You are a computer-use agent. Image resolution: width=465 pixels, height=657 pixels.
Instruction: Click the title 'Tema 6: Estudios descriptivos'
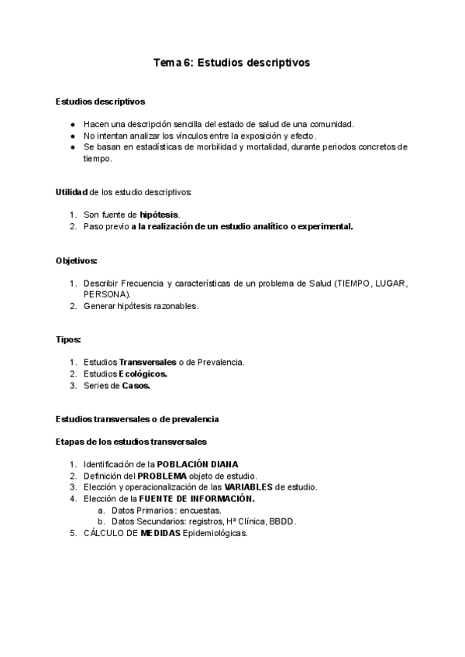232,64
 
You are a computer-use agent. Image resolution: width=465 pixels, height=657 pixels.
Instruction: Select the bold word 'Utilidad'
72,192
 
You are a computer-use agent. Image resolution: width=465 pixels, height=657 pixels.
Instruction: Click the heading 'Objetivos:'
76,262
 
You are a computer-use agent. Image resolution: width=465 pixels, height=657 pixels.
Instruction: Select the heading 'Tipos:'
68,340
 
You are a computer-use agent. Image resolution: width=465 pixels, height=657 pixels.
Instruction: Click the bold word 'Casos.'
136,386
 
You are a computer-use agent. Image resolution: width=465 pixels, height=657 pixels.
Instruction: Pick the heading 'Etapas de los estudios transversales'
131,442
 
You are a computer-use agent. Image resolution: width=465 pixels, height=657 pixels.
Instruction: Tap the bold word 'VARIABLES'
249,487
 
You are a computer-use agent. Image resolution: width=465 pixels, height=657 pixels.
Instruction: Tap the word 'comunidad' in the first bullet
329,124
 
